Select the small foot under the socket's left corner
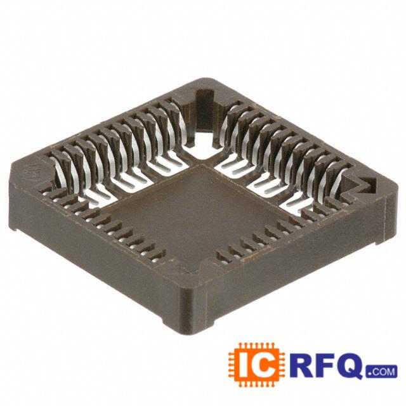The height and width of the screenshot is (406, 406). pos(13,228)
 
